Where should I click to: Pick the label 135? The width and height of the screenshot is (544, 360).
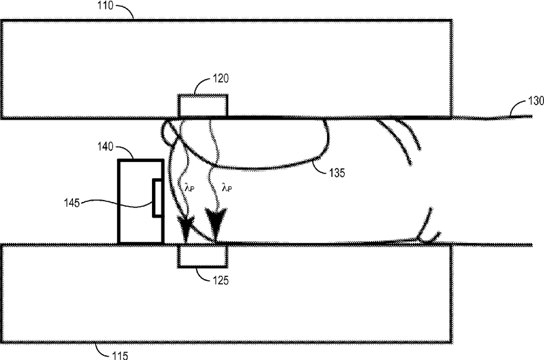pos(337,172)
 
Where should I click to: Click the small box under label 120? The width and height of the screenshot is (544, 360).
pos(203,106)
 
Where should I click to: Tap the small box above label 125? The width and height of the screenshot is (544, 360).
pos(203,255)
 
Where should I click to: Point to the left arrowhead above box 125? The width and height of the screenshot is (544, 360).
pos(184,226)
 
